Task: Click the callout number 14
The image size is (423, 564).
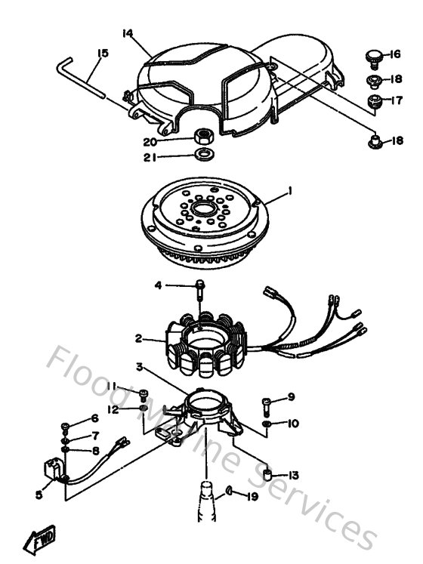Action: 128,33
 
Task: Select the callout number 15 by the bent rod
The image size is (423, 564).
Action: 103,53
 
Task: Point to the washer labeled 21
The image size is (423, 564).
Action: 201,156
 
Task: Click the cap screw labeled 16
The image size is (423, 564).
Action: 371,54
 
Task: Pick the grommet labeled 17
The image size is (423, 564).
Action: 373,100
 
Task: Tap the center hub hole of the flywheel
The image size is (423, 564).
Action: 202,208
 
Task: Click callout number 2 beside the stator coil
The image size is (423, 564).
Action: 138,338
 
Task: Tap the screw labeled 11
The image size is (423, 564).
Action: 144,393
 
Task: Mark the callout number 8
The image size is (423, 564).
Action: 95,452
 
